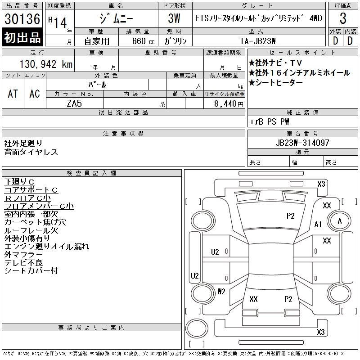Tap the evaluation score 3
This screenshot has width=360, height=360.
point(342,19)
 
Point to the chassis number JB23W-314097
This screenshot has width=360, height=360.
point(302,143)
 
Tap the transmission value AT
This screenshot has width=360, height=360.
point(13,94)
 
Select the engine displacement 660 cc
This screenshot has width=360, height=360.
point(138,40)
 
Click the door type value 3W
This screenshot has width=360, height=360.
point(174,19)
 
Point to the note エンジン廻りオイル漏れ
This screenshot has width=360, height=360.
point(47,247)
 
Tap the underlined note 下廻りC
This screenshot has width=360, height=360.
point(22,182)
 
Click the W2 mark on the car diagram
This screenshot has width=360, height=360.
point(221,291)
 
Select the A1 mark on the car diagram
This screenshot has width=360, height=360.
point(318,224)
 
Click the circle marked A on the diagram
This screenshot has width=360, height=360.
point(340,221)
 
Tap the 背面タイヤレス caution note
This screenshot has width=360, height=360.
point(31,152)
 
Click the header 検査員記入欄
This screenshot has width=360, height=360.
point(92,173)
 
